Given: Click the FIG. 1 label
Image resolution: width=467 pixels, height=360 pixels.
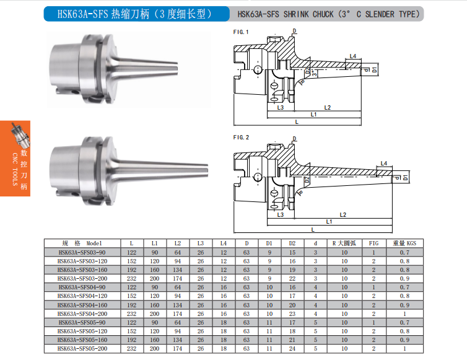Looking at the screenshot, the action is (x=241, y=32).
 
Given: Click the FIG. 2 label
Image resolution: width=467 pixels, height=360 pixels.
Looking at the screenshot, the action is (x=241, y=138).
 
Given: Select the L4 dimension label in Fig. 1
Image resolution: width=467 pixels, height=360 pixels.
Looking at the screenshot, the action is (x=353, y=56).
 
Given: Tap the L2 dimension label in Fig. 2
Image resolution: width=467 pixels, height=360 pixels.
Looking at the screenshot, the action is (x=343, y=214).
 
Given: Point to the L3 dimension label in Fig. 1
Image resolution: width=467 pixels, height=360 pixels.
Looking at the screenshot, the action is (x=280, y=107).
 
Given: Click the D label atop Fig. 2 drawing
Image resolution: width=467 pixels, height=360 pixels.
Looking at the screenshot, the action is (x=295, y=139).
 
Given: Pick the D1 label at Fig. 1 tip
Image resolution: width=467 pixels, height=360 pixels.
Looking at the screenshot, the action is (x=374, y=70).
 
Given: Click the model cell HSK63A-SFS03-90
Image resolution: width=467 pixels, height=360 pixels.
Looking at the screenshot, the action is (x=82, y=252).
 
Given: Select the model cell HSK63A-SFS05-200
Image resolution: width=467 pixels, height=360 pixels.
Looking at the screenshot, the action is (x=82, y=348).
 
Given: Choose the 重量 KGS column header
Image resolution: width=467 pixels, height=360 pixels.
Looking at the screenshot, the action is (x=404, y=243).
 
